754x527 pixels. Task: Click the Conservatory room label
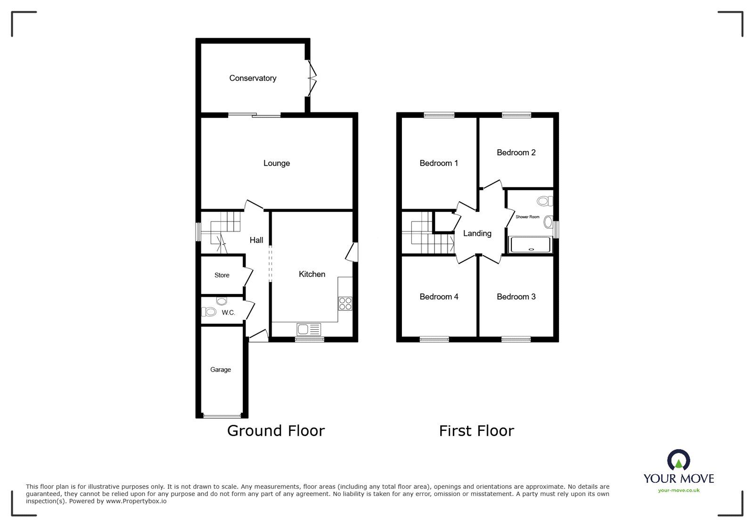(x=253, y=78)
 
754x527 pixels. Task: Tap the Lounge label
(x=277, y=163)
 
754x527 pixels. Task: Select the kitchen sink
(x=309, y=329)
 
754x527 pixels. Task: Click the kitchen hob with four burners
(x=345, y=303)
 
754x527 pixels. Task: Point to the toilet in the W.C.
(x=208, y=312)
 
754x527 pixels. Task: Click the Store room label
(x=222, y=276)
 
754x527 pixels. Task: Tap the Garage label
(x=221, y=370)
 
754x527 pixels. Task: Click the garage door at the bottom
(x=221, y=416)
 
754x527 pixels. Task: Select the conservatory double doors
(x=311, y=78)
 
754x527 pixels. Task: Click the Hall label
(x=256, y=240)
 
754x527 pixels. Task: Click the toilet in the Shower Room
(x=544, y=202)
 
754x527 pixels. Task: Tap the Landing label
(x=477, y=234)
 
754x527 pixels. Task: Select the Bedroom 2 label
(x=516, y=153)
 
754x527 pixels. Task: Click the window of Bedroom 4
(x=434, y=339)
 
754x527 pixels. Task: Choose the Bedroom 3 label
(x=516, y=297)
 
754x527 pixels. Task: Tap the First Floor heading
(x=476, y=431)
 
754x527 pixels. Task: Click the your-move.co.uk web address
(x=679, y=490)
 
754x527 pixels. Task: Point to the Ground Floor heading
(x=276, y=431)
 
